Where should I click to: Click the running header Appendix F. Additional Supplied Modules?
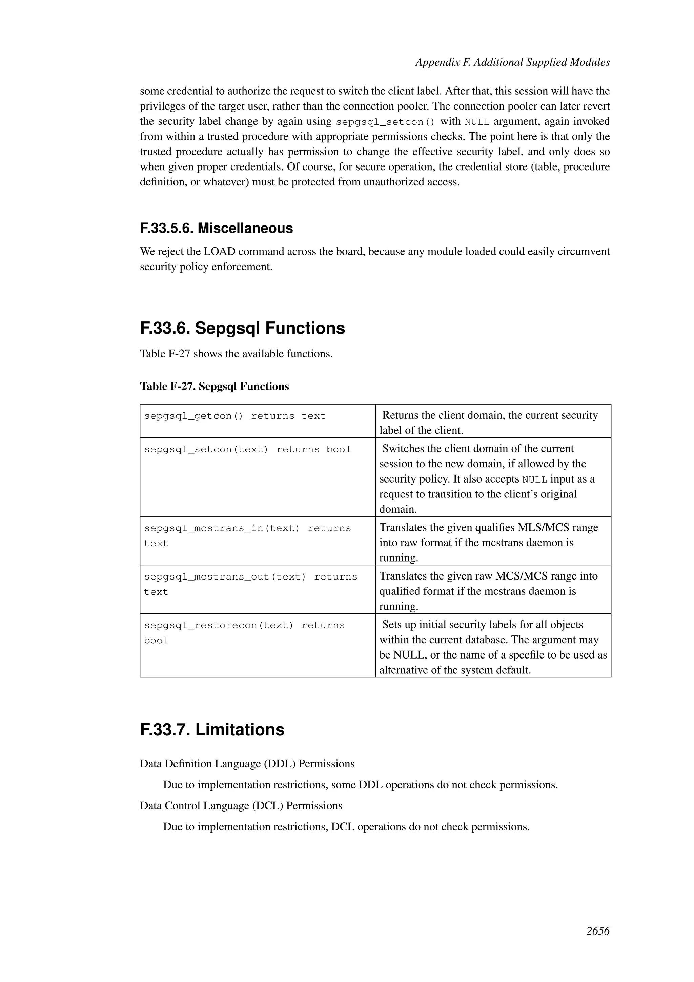point(512,62)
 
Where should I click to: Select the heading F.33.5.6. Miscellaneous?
point(216,229)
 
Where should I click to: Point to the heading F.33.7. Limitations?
point(212,730)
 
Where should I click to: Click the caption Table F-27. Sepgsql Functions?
point(214,387)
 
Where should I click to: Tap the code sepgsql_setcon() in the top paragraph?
point(385,122)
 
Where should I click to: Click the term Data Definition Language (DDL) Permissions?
point(247,764)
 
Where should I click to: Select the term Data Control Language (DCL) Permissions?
point(241,806)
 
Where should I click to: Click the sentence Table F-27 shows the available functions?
point(236,354)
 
